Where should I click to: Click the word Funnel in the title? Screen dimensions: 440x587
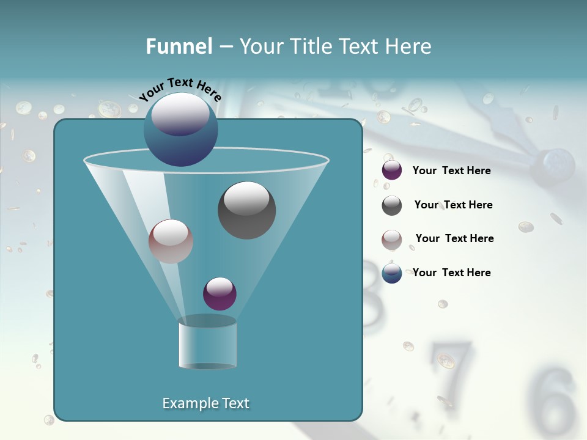179,46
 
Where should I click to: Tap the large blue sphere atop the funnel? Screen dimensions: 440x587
180,130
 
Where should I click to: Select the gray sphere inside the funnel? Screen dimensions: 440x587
246,210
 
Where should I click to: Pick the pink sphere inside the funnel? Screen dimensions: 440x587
171,241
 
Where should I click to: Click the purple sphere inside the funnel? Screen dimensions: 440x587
220,294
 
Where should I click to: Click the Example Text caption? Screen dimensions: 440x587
205,403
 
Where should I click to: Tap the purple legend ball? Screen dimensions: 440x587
392,170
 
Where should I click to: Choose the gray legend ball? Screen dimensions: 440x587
392,205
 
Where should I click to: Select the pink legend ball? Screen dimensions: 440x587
392,239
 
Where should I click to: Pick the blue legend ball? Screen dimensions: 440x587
392,273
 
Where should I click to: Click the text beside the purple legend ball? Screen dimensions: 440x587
451,170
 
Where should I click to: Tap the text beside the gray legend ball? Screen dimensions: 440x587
453,205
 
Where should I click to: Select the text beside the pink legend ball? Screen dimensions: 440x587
454,238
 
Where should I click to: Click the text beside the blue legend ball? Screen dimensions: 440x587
451,273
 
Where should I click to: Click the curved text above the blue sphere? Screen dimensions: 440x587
180,89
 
